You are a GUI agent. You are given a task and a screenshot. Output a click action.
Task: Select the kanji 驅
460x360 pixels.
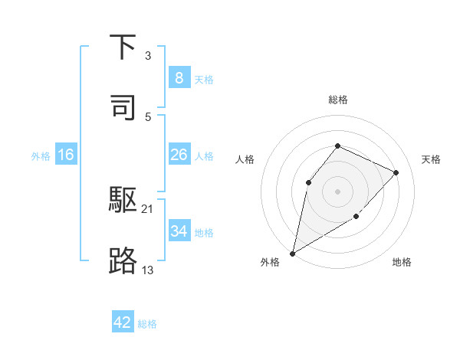point(123,201)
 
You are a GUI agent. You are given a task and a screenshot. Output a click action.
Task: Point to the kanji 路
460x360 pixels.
point(123,260)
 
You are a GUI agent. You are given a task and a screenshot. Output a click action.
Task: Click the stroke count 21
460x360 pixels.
point(148,208)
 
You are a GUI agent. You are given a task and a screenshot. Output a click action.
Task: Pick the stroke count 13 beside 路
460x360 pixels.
point(148,270)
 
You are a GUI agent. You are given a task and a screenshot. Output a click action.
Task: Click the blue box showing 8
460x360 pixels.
point(179,77)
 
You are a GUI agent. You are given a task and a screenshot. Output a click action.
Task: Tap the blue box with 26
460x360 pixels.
point(179,155)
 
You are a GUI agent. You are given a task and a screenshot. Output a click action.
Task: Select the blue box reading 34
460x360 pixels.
point(179,231)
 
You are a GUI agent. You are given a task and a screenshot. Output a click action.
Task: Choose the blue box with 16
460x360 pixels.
point(65,155)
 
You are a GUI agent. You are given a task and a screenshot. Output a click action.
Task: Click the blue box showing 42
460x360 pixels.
point(123,322)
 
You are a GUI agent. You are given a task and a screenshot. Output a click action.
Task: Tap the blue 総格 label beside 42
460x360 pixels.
point(147,324)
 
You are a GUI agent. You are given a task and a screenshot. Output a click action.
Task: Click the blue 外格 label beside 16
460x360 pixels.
point(41,155)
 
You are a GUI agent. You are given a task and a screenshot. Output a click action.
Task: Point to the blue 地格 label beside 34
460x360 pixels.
point(204,232)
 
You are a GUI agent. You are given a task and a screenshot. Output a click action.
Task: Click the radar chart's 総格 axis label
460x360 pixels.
point(337,100)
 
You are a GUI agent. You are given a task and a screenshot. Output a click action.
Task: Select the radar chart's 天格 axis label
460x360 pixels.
point(431,159)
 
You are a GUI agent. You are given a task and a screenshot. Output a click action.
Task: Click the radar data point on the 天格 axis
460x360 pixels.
point(396,172)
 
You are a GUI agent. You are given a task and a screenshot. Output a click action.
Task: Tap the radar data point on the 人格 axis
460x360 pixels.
point(308,182)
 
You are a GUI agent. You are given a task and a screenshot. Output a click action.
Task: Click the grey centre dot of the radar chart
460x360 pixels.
point(337,191)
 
